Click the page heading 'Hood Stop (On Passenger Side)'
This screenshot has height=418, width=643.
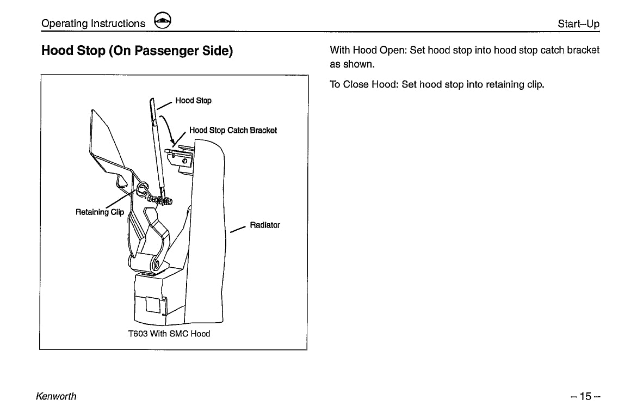click(137, 51)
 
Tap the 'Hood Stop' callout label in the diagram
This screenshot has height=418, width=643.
click(193, 101)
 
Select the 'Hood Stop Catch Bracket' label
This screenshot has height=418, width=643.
click(233, 131)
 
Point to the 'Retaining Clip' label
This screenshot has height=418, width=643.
click(100, 212)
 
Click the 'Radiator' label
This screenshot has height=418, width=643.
click(265, 225)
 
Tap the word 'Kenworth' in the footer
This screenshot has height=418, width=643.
click(56, 396)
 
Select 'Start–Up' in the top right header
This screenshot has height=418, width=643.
click(578, 24)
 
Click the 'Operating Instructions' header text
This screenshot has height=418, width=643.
click(94, 23)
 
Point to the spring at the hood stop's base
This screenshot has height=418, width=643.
click(164, 201)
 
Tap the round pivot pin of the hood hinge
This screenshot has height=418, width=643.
click(156, 266)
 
